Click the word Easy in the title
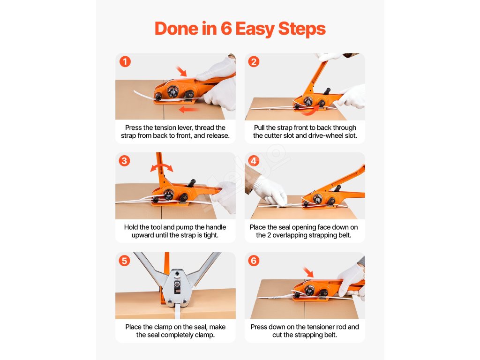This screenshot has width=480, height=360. point(255,29)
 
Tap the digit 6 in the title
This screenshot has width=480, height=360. point(226,29)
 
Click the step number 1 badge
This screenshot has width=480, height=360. point(125,61)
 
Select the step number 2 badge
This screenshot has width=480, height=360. point(254,61)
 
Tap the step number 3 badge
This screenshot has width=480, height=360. point(124,161)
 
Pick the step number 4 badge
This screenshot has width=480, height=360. point(254,161)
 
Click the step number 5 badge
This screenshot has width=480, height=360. point(124,261)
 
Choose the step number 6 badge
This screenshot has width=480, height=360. point(254,261)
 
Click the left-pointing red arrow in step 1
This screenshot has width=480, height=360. point(188,109)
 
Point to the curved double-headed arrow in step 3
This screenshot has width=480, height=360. point(162,166)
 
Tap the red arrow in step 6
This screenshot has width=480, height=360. point(308,272)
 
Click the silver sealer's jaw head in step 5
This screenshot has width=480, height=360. point(177,288)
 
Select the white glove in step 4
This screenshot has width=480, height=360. point(270,191)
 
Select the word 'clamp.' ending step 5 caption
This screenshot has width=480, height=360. point(205,335)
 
